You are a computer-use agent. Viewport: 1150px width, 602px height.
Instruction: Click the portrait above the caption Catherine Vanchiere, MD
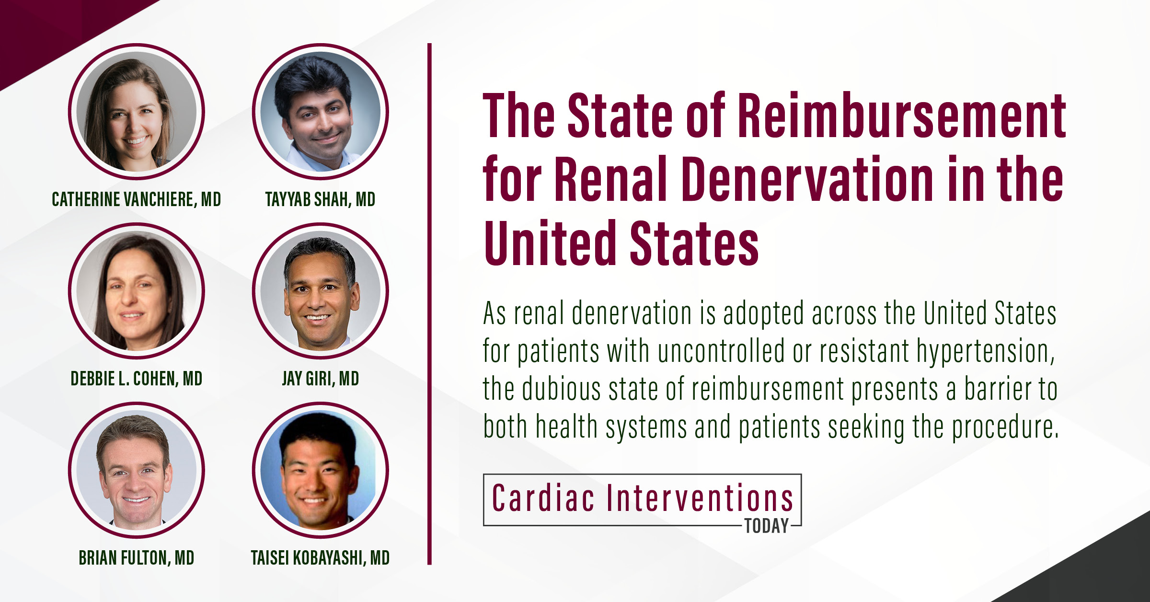(137, 112)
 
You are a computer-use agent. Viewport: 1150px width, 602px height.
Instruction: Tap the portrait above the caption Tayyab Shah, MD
(321, 112)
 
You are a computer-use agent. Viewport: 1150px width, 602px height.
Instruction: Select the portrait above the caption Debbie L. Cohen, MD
(137, 291)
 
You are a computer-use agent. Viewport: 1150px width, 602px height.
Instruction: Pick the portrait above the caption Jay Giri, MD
(321, 291)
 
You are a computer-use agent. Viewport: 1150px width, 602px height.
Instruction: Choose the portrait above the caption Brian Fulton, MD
(137, 470)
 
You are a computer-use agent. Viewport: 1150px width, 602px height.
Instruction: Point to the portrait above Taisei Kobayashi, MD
(321, 470)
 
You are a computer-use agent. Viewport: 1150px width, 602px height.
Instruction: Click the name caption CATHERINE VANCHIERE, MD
(137, 199)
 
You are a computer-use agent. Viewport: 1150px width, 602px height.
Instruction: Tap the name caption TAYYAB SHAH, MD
(321, 199)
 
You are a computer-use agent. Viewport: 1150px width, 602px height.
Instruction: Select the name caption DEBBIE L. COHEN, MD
(137, 379)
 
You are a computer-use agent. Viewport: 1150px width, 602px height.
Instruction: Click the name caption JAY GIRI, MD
(321, 379)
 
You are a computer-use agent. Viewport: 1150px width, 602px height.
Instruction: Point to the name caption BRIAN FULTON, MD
(137, 558)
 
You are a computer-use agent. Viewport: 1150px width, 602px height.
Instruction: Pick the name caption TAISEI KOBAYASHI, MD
(321, 558)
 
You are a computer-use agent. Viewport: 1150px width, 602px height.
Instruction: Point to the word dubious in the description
(561, 388)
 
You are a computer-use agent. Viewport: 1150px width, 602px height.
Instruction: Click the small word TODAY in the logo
(767, 526)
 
